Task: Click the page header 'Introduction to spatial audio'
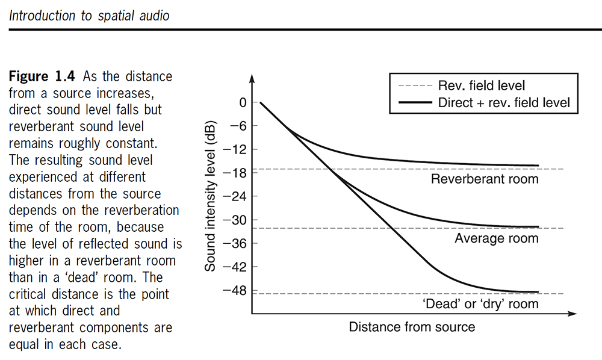[x=89, y=16]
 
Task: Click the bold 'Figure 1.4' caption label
[x=43, y=77]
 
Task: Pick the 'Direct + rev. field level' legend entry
[x=503, y=102]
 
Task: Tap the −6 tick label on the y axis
[x=238, y=126]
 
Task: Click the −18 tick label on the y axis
[x=236, y=173]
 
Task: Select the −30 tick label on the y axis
[x=236, y=220]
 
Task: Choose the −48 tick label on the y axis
[x=236, y=291]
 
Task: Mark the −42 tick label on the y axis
[x=236, y=267]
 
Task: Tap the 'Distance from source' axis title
[x=412, y=327]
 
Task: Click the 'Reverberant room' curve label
[x=484, y=179]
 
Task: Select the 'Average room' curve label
[x=496, y=238]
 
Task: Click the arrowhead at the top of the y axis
[x=252, y=78]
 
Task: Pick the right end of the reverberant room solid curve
[x=538, y=166]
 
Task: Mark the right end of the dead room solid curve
[x=538, y=291]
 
